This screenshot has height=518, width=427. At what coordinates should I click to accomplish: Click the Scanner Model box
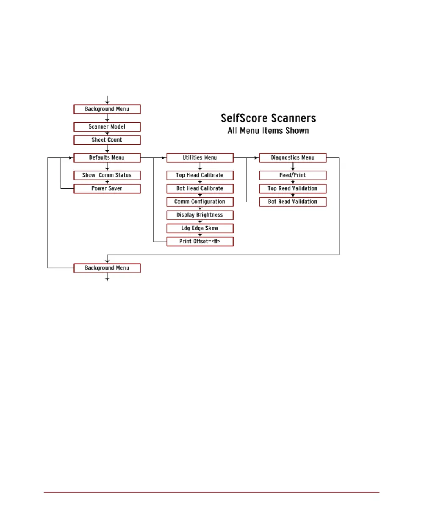point(107,127)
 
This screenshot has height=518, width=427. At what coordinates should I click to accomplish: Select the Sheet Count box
point(107,140)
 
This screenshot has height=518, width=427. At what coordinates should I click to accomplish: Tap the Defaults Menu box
point(107,157)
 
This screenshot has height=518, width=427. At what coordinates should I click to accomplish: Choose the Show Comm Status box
point(107,175)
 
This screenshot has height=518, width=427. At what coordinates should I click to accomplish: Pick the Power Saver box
point(107,188)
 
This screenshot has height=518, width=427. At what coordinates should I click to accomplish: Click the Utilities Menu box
point(200,157)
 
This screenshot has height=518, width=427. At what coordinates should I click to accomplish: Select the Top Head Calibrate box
point(200,175)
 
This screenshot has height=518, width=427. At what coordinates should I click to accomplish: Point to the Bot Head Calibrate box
point(200,188)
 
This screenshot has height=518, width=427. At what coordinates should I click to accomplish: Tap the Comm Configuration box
point(200,201)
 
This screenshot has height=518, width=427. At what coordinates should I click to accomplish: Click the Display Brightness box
point(200,215)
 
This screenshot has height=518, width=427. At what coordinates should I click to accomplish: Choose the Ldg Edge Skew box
point(200,228)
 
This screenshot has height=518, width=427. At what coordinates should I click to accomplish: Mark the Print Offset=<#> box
point(200,242)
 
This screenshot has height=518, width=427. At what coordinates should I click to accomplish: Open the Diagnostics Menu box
point(293,157)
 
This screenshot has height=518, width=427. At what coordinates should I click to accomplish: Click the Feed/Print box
point(293,175)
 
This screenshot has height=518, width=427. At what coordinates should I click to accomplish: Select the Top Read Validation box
point(293,188)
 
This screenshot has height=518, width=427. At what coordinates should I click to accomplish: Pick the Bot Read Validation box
point(293,201)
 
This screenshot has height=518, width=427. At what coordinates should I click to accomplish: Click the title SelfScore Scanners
point(269,118)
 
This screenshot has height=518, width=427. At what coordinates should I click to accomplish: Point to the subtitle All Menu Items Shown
point(269,131)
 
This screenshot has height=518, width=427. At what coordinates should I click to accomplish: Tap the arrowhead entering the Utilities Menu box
point(164,157)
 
